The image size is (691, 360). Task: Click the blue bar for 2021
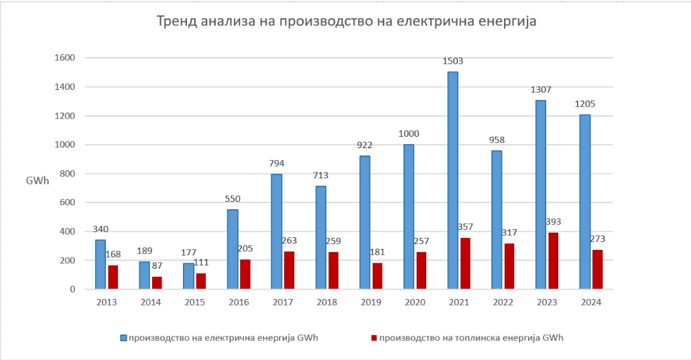[452, 180]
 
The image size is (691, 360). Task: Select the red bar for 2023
[554, 261]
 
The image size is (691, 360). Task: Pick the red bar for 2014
[158, 283]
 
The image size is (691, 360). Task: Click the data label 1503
[452, 62]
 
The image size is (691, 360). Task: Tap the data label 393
[554, 222]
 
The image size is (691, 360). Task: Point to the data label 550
[233, 199]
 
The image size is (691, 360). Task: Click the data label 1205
[584, 104]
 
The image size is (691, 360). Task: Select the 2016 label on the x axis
[239, 303]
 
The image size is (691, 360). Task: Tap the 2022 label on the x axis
[503, 303]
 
